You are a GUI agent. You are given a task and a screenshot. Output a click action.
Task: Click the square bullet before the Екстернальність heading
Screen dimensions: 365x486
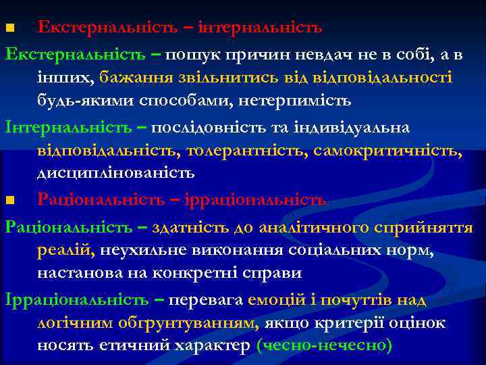(9, 29)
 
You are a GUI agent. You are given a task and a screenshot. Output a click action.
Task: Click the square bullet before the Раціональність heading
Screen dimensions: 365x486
(9, 201)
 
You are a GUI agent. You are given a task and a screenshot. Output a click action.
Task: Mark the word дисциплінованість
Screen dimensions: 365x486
(115, 173)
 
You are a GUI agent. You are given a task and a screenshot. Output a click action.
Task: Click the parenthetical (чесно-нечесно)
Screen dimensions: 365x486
(325, 346)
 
